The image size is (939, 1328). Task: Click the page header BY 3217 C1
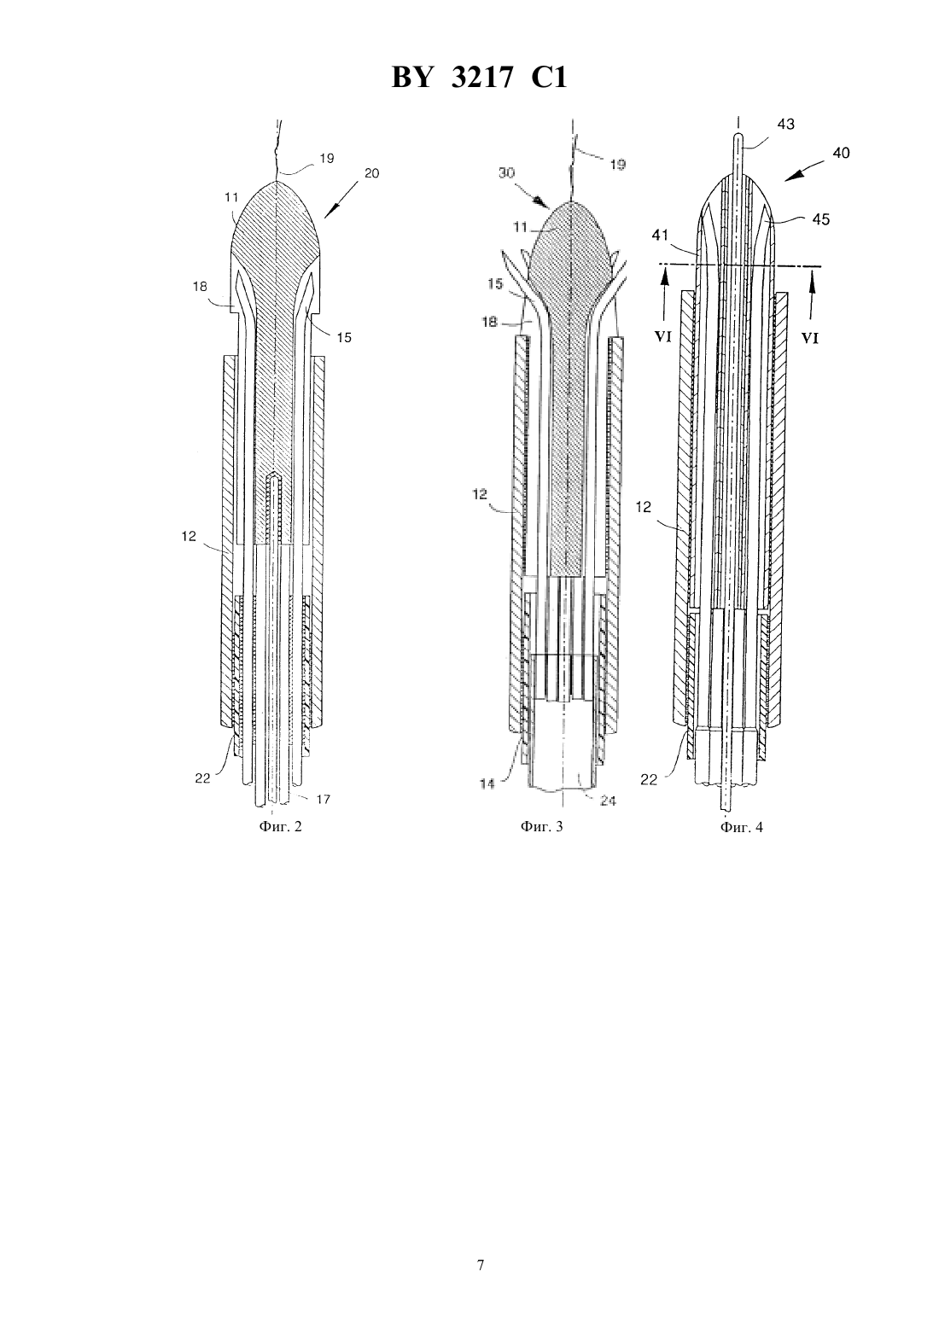click(x=479, y=78)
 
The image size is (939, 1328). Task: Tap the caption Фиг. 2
click(x=280, y=826)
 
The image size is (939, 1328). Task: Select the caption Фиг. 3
click(x=541, y=826)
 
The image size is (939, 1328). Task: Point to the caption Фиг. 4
click(x=742, y=827)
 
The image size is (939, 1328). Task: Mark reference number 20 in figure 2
click(x=371, y=174)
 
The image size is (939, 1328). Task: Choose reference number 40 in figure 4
click(x=841, y=153)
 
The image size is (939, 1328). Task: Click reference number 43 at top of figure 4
click(x=785, y=125)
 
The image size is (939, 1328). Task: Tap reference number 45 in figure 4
click(x=820, y=219)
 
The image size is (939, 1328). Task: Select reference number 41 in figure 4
click(x=660, y=236)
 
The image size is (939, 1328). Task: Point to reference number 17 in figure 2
click(x=323, y=799)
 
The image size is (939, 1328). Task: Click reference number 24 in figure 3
click(x=608, y=801)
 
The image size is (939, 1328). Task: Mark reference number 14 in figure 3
click(x=487, y=783)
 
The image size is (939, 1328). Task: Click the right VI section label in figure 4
click(x=810, y=338)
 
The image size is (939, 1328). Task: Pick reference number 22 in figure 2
click(x=203, y=779)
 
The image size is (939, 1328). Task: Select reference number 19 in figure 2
click(x=327, y=158)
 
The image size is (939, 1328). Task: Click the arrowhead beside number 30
click(x=541, y=203)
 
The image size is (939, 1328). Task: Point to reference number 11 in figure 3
click(x=520, y=226)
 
